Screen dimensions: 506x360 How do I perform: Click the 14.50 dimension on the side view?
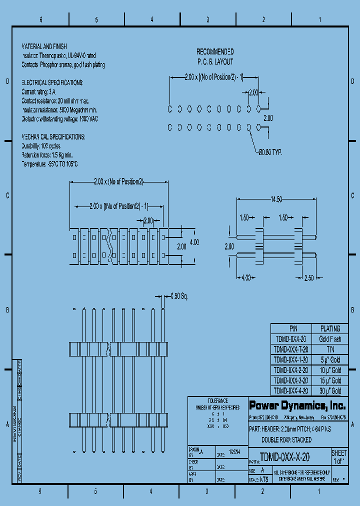(276, 199)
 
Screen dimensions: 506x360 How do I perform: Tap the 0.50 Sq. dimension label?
(178, 296)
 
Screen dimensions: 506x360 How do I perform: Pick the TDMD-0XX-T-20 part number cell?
(291, 349)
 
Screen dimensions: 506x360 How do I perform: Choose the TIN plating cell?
(330, 349)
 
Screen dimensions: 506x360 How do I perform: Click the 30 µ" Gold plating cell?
(330, 391)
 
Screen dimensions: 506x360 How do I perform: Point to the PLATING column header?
(330, 328)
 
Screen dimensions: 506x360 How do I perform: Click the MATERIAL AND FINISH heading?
(44, 46)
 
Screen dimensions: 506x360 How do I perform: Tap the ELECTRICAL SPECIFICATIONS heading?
(52, 82)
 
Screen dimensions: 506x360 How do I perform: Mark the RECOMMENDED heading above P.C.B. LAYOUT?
(214, 51)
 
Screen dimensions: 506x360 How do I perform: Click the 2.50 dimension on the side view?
(308, 277)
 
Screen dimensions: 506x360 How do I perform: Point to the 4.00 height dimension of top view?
(194, 242)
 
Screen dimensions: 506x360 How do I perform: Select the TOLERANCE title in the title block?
(217, 401)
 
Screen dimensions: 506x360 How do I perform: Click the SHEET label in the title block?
(339, 453)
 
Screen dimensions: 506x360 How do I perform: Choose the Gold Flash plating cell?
(330, 339)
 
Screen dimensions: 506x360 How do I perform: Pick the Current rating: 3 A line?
(38, 92)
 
